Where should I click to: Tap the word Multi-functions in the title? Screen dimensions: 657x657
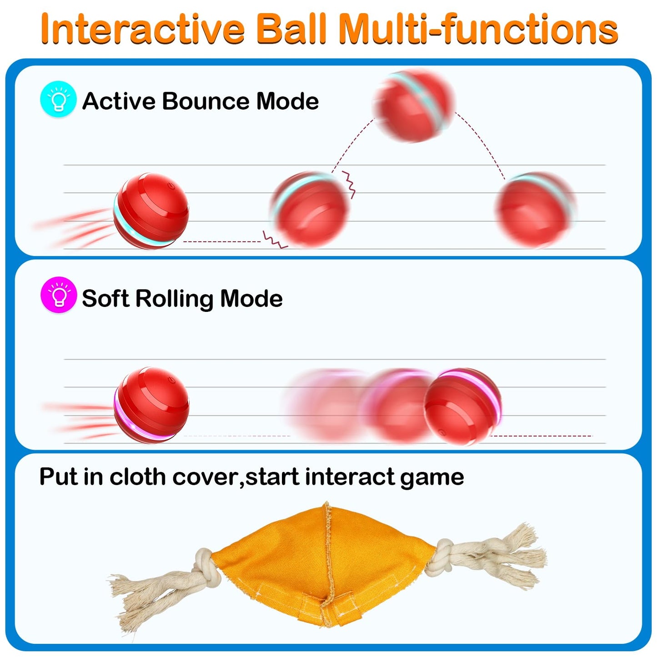click(x=478, y=29)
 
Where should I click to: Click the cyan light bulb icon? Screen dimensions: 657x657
click(x=58, y=100)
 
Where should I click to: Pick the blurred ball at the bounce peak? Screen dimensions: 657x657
click(x=414, y=106)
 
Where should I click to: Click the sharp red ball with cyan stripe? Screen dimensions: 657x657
click(x=151, y=211)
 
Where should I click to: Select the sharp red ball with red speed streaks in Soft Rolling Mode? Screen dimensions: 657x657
click(x=151, y=405)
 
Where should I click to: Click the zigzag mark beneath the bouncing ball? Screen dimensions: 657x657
click(x=275, y=240)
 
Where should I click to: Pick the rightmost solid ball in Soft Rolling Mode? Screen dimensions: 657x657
click(x=462, y=406)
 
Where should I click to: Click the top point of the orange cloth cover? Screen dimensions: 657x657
click(x=326, y=505)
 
